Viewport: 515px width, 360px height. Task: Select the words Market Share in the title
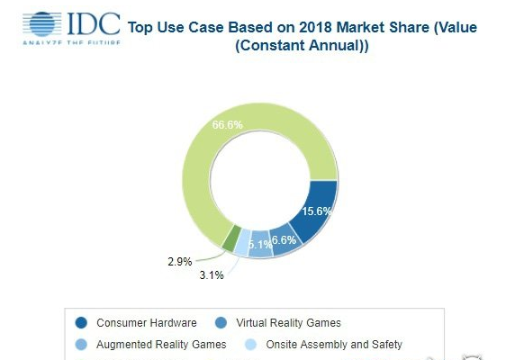pos(381,27)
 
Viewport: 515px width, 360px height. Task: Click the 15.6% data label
pos(315,211)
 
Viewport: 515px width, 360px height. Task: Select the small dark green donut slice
pos(232,238)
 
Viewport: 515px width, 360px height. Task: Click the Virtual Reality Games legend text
pos(288,322)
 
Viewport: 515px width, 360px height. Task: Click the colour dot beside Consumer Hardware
pos(82,322)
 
